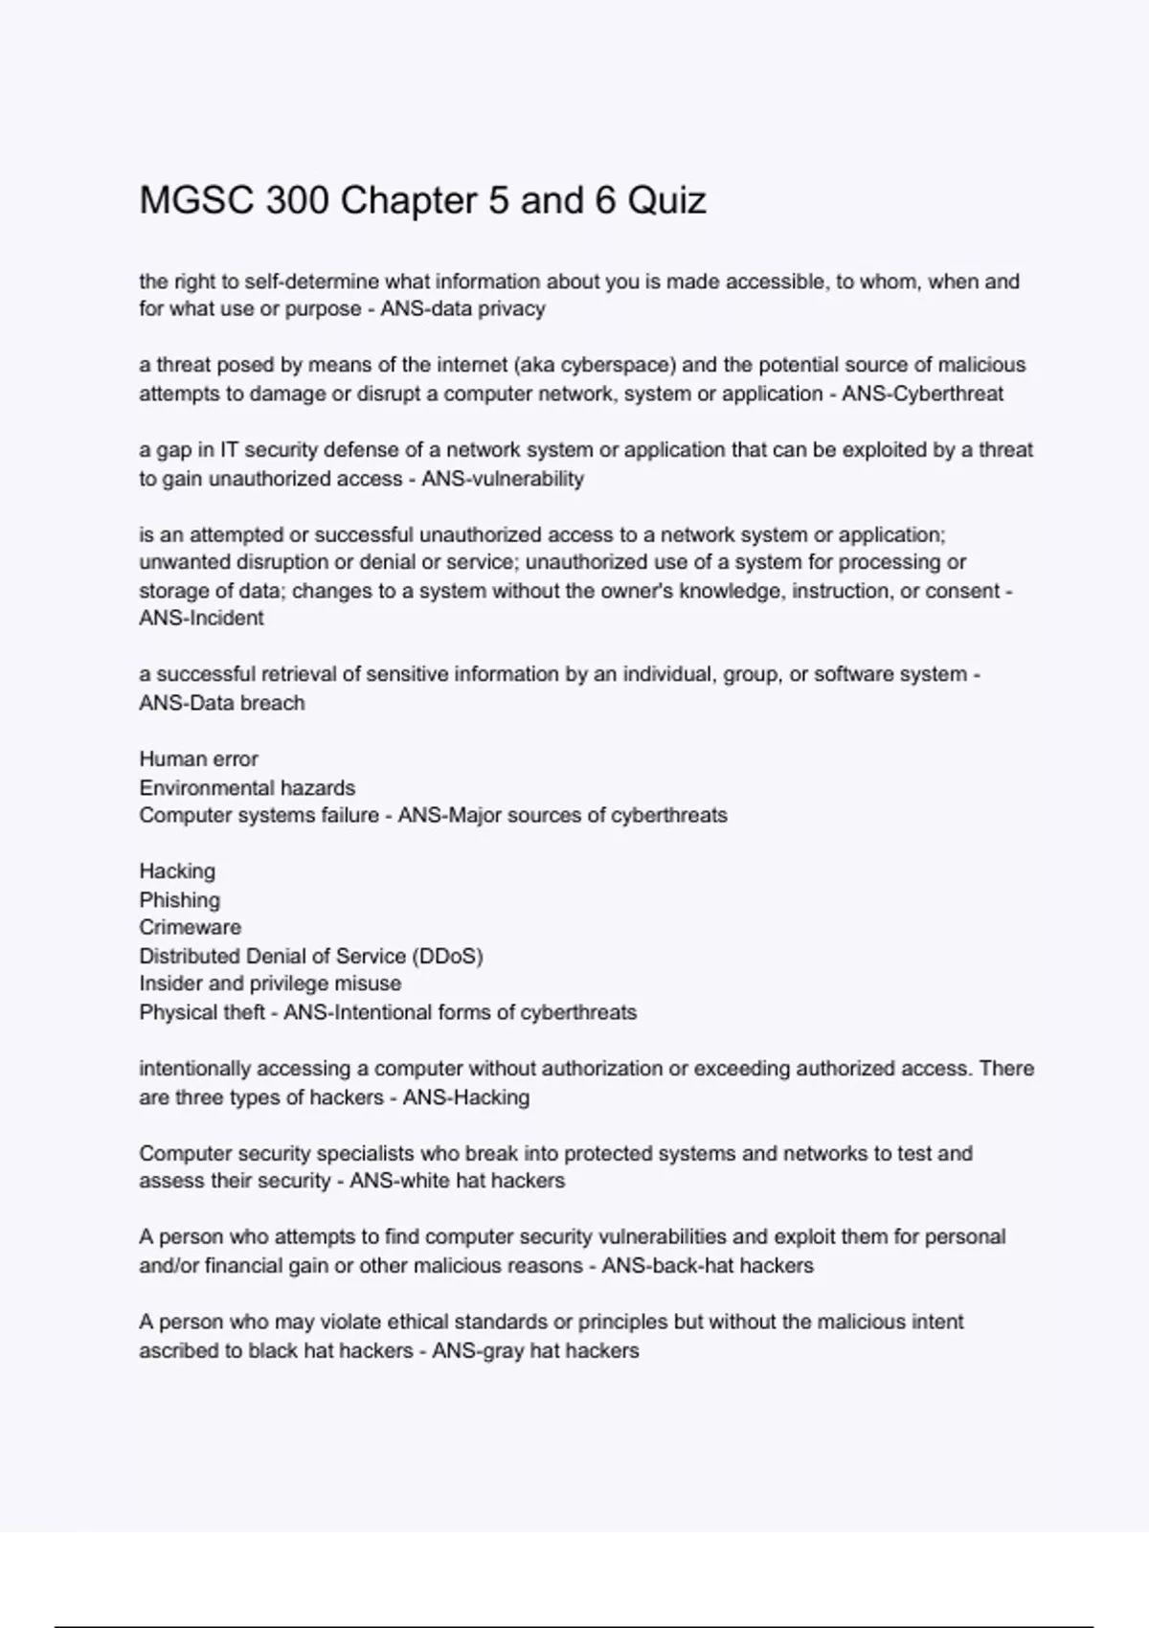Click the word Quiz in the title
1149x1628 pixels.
[x=666, y=201]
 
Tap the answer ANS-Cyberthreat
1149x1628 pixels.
[x=922, y=394]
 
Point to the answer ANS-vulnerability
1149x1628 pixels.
[x=503, y=479]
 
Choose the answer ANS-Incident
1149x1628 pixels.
[x=201, y=619]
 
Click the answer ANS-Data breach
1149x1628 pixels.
[x=222, y=703]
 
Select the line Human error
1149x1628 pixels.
[x=198, y=759]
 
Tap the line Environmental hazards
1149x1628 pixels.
[x=247, y=788]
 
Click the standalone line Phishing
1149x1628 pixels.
[x=179, y=900]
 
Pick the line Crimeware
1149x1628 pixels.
[x=190, y=928]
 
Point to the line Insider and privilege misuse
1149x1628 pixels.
[x=270, y=984]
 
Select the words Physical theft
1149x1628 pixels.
[x=201, y=1013]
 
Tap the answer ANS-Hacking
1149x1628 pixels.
[x=465, y=1097]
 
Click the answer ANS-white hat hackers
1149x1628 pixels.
[x=457, y=1182]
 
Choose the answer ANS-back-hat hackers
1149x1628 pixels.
[x=708, y=1266]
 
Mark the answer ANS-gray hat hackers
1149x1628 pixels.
[x=535, y=1351]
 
